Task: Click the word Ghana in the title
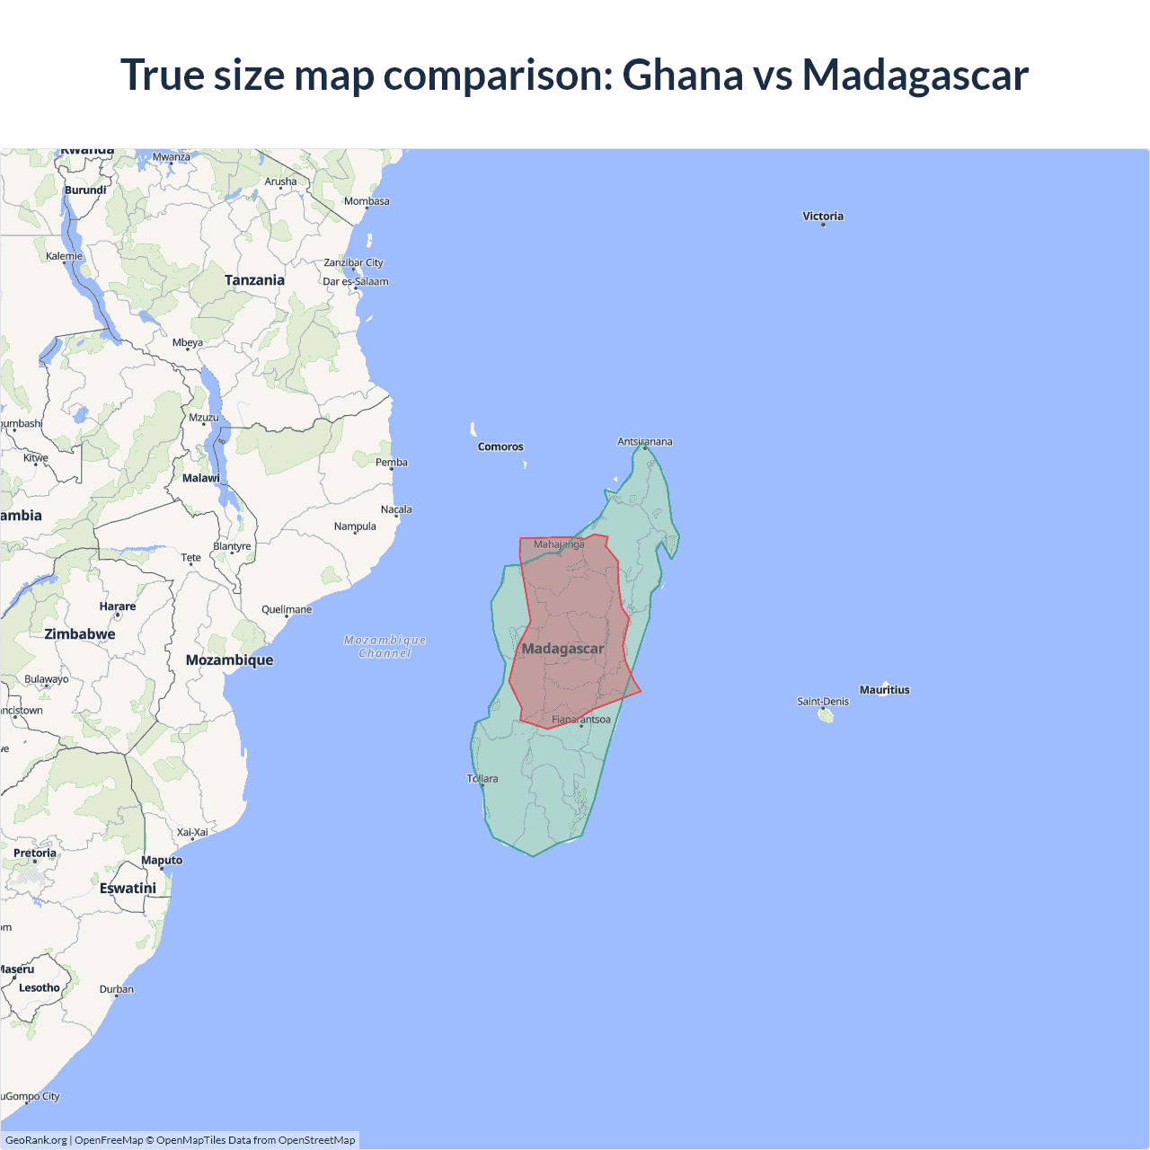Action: click(683, 75)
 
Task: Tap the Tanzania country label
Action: click(254, 280)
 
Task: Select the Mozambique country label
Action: click(229, 660)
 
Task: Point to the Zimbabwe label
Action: click(80, 634)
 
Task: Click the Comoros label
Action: click(500, 447)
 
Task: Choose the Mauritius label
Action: click(884, 690)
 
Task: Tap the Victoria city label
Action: click(823, 217)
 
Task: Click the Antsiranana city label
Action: click(645, 441)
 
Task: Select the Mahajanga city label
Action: click(559, 544)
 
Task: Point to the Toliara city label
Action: click(482, 779)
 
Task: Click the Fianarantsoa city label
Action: click(581, 720)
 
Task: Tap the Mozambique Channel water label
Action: click(385, 647)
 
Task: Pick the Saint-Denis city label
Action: click(822, 702)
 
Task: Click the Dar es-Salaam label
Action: click(356, 281)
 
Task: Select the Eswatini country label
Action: click(128, 889)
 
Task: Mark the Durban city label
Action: click(117, 989)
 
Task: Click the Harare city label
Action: click(118, 606)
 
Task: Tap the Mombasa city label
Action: click(367, 201)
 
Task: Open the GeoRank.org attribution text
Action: click(36, 1140)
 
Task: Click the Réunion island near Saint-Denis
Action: click(827, 716)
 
